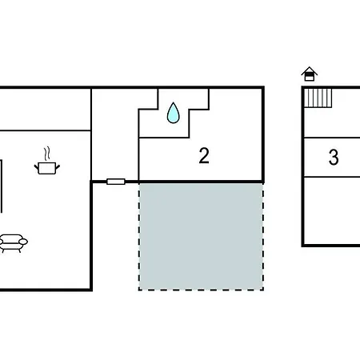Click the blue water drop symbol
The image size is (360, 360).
173,113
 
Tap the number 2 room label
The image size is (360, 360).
204,156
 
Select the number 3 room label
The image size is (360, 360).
334,157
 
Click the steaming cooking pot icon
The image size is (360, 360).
47,161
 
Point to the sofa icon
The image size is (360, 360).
13,243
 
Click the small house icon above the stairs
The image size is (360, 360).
310,74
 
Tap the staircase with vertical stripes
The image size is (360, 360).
318,98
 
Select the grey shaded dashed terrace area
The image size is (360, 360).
201,236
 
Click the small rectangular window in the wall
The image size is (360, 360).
116,182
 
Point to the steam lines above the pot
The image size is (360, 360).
47,154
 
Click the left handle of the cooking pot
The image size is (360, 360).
36,167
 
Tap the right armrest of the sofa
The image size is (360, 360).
23,242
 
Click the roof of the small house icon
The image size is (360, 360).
310,70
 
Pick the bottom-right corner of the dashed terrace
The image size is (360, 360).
263,290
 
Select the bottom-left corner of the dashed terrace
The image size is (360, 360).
139,290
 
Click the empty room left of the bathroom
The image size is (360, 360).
115,134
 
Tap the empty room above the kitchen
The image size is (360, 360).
45,110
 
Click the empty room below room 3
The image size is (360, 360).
332,210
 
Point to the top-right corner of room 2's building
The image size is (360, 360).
263,87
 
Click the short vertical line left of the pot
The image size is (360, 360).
2,186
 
